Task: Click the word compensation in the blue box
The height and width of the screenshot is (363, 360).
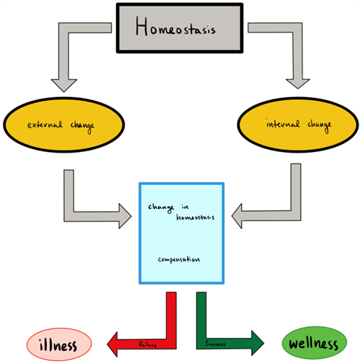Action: tap(179, 259)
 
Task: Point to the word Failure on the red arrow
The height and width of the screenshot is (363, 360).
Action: tap(148, 344)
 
